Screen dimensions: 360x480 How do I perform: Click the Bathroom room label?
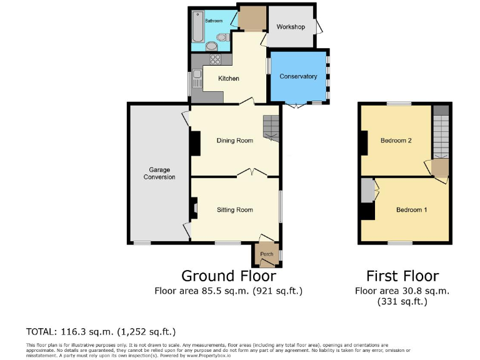(214, 21)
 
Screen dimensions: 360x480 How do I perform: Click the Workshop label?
(291, 27)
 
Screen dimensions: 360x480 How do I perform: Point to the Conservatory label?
(298, 76)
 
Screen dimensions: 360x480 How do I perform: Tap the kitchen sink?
(197, 80)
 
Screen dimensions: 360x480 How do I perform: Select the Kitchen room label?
(228, 79)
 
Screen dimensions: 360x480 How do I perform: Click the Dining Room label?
(234, 141)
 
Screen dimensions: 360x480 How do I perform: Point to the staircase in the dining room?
(271, 127)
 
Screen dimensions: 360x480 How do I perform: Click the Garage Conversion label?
(159, 173)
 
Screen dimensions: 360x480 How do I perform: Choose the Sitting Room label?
(234, 209)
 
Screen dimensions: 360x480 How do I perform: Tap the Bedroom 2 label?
(396, 141)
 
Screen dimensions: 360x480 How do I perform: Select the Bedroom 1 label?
(411, 209)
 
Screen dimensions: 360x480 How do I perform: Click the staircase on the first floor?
(441, 134)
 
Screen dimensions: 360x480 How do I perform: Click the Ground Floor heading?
(228, 276)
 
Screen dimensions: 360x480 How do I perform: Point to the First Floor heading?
(402, 276)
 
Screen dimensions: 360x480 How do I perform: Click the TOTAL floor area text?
(101, 331)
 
